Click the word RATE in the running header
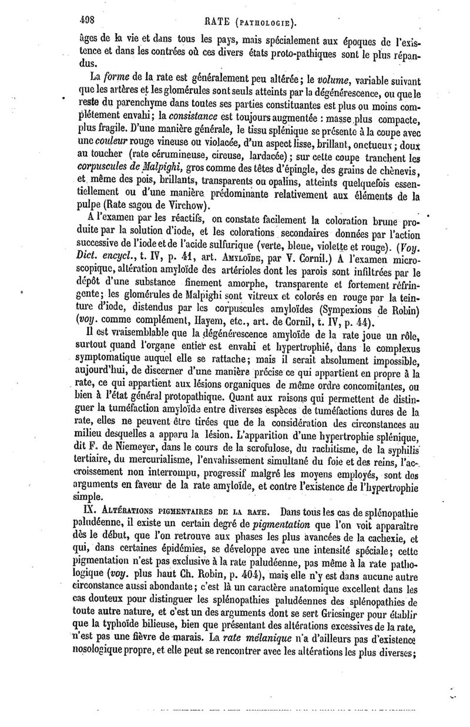tap(219, 23)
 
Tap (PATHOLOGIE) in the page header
tap(264, 25)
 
